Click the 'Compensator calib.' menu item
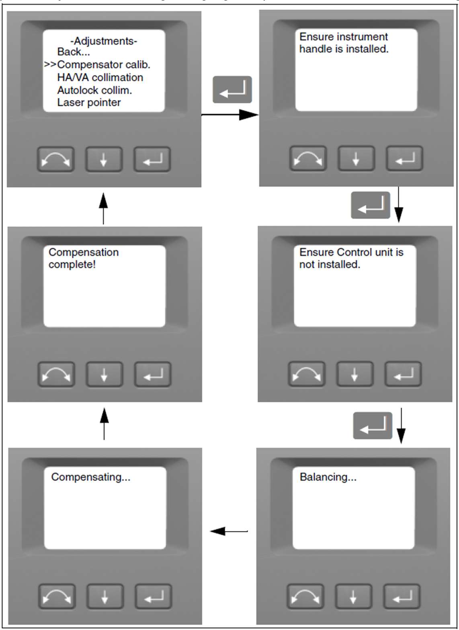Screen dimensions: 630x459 tap(104, 65)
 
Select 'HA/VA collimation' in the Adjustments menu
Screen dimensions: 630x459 tap(100, 77)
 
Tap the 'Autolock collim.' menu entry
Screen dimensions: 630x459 tap(94, 90)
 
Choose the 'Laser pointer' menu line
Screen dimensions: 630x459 tap(89, 103)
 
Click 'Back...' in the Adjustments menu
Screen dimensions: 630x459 tap(74, 52)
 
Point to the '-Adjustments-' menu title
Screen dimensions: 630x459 tap(104, 41)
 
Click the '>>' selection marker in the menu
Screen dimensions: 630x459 tap(50, 65)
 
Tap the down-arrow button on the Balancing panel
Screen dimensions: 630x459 tap(353, 596)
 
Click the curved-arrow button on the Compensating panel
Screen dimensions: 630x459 tap(57, 596)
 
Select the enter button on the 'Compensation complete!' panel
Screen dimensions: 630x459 tap(153, 375)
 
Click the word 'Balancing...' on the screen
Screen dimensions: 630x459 tap(328, 477)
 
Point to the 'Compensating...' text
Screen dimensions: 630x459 tap(90, 477)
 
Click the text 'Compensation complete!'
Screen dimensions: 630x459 tap(83, 258)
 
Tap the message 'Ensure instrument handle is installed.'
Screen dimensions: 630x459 tap(344, 43)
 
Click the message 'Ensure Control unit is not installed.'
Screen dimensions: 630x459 tap(351, 258)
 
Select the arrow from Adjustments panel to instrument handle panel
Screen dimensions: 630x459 tap(229, 115)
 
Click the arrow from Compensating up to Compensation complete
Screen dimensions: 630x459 tap(104, 424)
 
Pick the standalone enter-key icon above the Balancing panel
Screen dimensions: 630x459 tap(372, 426)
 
